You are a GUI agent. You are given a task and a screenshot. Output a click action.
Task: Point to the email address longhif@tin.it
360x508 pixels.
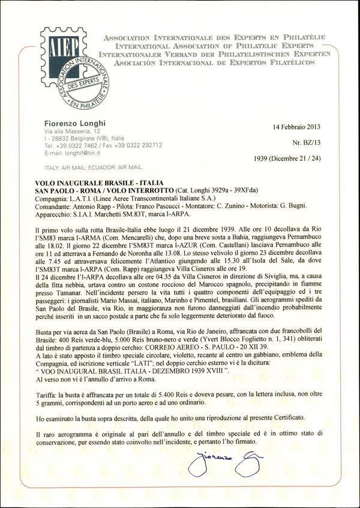click(69, 152)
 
